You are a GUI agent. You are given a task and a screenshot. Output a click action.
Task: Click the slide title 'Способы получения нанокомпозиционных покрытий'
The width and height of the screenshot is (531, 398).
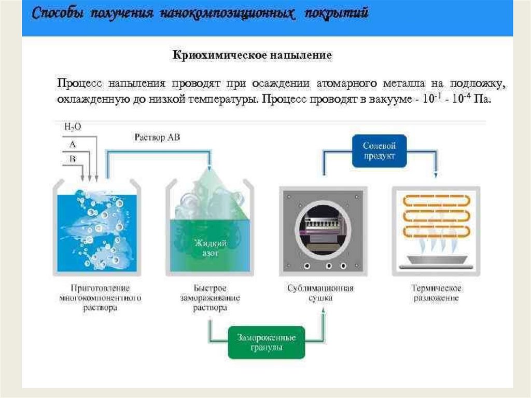(201, 14)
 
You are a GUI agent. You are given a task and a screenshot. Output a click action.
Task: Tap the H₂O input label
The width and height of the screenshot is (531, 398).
(73, 126)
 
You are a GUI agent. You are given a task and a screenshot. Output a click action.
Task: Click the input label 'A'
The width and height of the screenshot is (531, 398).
(72, 143)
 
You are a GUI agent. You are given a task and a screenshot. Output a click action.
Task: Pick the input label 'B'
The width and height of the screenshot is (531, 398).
(72, 159)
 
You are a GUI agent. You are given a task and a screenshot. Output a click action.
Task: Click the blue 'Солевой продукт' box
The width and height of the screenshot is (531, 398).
(379, 150)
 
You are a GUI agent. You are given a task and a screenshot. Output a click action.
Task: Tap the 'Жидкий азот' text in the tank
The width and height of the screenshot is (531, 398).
(207, 248)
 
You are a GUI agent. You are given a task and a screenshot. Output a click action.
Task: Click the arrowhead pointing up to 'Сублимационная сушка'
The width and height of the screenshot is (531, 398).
(324, 309)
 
